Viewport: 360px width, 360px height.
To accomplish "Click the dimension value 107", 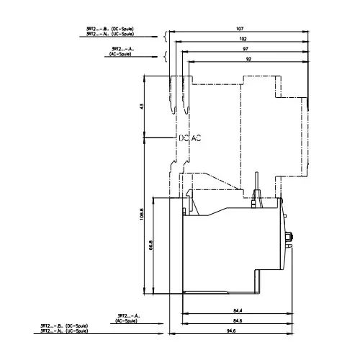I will [x=240, y=30].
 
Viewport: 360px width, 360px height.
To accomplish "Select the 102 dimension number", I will [x=243, y=38].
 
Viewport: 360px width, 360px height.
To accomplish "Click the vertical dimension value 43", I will [x=143, y=106].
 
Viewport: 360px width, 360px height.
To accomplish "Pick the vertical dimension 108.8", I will [x=142, y=214].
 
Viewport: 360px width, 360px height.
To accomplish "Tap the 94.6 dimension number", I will [x=230, y=329].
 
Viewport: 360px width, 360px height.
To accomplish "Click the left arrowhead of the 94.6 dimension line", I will [x=170, y=333].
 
